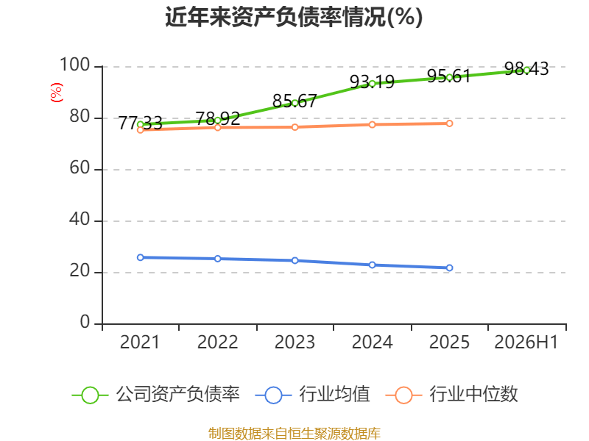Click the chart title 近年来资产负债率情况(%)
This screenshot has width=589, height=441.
(294, 17)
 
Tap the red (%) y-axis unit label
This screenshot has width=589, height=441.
(57, 93)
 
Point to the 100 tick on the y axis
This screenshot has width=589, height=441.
(74, 65)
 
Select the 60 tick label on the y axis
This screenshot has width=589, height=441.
(80, 168)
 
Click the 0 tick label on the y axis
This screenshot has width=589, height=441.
(85, 322)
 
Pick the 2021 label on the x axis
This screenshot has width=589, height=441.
(140, 342)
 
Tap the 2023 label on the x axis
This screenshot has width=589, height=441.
(294, 342)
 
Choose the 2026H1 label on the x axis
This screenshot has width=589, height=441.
(526, 342)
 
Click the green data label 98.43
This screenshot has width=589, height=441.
(526, 68)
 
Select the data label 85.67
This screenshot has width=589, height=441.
(294, 101)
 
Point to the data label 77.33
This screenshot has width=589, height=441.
(140, 123)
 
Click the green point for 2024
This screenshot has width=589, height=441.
(373, 84)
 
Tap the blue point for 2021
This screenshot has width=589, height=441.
(141, 258)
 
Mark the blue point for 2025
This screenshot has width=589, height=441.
(449, 268)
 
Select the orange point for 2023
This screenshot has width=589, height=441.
(295, 127)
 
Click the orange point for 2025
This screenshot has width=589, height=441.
(449, 123)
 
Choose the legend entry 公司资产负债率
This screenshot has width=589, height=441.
(155, 395)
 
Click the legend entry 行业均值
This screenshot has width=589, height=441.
(312, 395)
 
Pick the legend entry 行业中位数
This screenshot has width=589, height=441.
(451, 395)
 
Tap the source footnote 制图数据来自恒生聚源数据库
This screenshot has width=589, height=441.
(294, 434)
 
